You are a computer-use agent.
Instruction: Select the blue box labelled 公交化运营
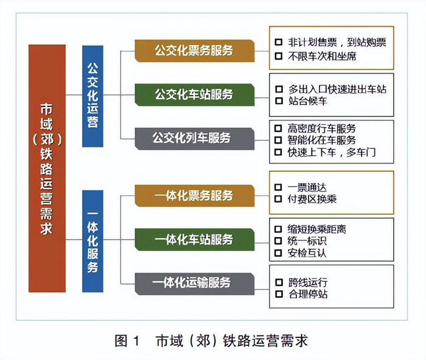coord(93,96)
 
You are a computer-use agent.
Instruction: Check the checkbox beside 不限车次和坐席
coord(279,56)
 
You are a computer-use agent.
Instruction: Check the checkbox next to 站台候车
coord(279,101)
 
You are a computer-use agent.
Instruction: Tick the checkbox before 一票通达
coord(279,187)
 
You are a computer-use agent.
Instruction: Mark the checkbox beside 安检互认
coord(279,252)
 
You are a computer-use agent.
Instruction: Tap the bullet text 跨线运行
coord(307,283)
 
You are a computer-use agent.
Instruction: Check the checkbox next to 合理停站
coord(279,294)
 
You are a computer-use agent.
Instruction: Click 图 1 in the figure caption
coord(127,341)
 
